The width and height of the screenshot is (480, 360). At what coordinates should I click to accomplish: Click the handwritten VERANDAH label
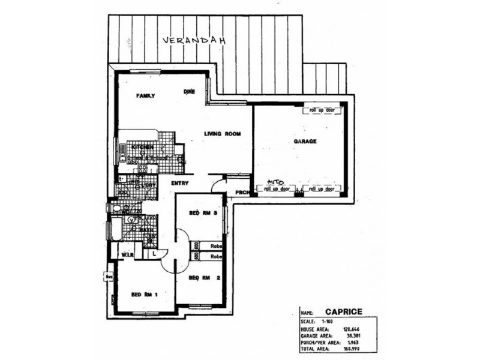[191, 41]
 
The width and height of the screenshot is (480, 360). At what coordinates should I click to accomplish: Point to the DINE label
[189, 92]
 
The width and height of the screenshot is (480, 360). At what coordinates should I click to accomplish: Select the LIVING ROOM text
[222, 134]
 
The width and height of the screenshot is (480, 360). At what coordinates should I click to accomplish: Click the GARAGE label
[305, 142]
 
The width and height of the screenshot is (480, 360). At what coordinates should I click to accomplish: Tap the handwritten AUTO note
[275, 181]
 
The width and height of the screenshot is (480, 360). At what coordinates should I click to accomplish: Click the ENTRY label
[180, 184]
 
